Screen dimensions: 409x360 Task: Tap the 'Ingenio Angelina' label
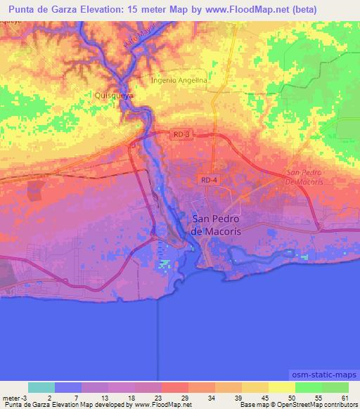tap(179, 81)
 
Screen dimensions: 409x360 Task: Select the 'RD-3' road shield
tap(181, 133)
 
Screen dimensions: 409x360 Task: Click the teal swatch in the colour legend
tap(41, 387)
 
